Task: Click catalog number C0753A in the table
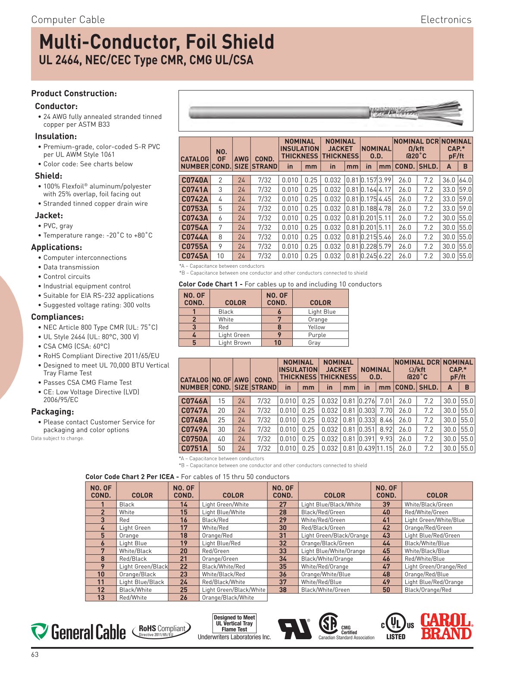coord(194,209)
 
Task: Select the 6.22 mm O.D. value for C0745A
coord(385,256)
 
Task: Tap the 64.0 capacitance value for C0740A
coord(465,180)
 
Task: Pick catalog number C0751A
coord(194,448)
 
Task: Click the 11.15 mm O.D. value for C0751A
coord(385,448)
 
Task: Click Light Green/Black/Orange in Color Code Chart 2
coord(335,535)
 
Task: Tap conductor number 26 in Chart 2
coord(184,597)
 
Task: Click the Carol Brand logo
coord(446,627)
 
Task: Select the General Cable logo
coord(78,632)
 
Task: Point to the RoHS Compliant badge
coord(162,630)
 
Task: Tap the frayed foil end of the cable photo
coord(414,112)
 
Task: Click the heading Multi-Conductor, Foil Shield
coord(157,42)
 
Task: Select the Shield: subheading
coord(48,176)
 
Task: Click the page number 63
coord(35,654)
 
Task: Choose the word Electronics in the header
coord(446,20)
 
